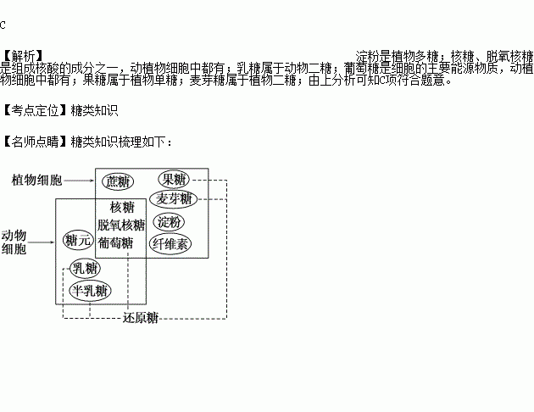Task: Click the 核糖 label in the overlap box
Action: click(x=122, y=207)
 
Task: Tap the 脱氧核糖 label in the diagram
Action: click(x=121, y=225)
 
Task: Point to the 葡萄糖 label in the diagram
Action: click(x=115, y=243)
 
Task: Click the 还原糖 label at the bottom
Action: click(x=141, y=318)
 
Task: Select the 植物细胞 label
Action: click(x=36, y=180)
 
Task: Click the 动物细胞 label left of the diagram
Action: click(x=14, y=242)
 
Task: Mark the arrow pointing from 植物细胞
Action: click(x=79, y=181)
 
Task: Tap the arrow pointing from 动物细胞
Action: click(x=41, y=242)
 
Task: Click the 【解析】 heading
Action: click(x=22, y=56)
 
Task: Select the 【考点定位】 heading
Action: click(x=35, y=110)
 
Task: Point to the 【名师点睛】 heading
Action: click(x=35, y=142)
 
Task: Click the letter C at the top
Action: click(x=3, y=25)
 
